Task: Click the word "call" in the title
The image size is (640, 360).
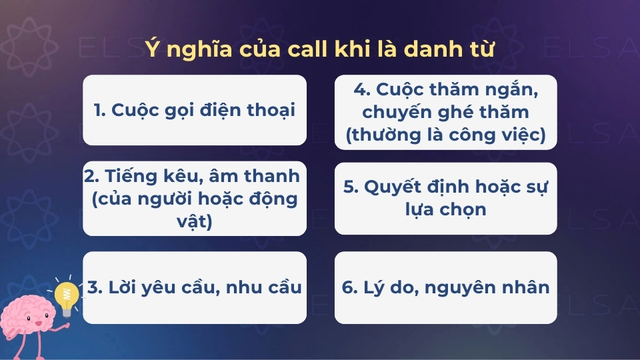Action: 302,50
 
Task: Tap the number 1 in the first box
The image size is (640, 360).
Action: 98,110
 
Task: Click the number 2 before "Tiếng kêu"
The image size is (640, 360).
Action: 91,178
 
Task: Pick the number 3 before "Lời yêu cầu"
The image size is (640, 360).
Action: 93,287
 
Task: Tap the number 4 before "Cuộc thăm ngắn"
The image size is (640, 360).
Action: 357,89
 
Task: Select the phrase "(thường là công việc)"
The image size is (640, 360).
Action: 445,135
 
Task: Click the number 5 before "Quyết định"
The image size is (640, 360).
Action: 349,187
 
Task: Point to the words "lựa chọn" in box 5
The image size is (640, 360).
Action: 445,209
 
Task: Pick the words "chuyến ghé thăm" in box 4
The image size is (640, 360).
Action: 445,111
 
